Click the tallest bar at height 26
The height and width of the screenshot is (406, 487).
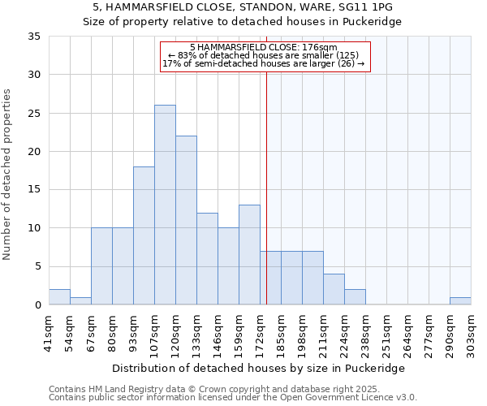[x=165, y=205]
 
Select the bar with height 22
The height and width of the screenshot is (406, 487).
[x=186, y=220]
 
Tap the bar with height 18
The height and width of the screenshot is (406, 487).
[x=144, y=235]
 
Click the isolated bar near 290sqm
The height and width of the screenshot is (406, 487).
[x=460, y=300]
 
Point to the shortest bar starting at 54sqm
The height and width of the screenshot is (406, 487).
[x=80, y=300]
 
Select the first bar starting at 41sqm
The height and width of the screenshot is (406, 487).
[x=59, y=296]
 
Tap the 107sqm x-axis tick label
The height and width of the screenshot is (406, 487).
[x=154, y=333]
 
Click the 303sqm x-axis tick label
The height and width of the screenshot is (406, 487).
[x=472, y=333]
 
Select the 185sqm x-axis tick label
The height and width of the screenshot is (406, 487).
[x=282, y=333]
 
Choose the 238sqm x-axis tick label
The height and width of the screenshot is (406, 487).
[x=366, y=333]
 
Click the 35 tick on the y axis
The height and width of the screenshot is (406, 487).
[x=34, y=37]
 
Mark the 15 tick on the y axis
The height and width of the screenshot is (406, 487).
[x=34, y=190]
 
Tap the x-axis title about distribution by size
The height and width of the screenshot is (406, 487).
[x=259, y=368]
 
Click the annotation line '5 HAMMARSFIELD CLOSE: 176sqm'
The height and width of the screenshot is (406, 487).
[x=264, y=48]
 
